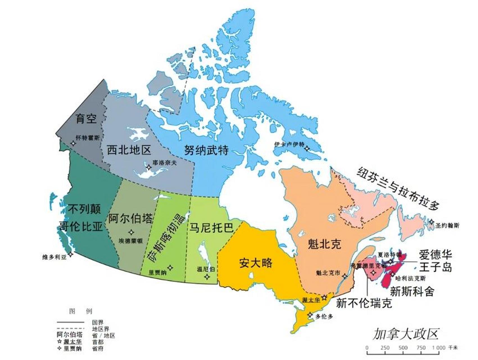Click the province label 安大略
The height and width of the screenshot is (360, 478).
point(256,263)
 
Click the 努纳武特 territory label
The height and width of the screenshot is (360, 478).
point(206,150)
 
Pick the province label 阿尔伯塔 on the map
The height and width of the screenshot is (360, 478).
point(131,218)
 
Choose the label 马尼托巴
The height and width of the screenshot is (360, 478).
point(211,227)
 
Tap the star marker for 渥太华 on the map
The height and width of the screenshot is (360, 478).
point(324,297)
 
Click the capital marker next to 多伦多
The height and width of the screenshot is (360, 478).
point(310,315)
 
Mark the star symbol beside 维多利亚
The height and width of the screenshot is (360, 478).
point(71,254)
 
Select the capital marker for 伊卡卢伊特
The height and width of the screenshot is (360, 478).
point(307,148)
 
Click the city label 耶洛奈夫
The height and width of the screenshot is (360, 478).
point(165,162)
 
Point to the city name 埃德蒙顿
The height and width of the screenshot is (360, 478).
point(130,241)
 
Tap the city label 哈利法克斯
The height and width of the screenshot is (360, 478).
point(410,278)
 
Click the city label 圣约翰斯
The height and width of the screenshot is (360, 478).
point(447,225)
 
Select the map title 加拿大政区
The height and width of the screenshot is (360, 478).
point(405,334)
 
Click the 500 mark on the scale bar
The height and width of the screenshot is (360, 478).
point(403,348)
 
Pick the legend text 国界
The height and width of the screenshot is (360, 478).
point(98,322)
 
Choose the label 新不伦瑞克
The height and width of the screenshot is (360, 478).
point(364,303)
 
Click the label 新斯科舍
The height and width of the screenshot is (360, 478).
point(412,291)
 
